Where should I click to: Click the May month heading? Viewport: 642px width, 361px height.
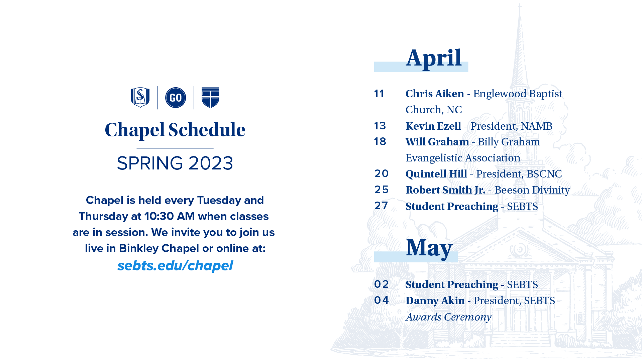[x=429, y=248]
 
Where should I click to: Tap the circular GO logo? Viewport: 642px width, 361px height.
[x=176, y=98]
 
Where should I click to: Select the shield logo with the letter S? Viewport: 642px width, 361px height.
[x=140, y=97]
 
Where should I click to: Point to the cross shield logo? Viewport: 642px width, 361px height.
[x=210, y=98]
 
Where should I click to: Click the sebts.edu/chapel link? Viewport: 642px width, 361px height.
[x=175, y=266]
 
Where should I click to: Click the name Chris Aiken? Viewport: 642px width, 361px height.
[x=435, y=94]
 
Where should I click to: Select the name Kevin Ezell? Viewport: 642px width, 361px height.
[x=433, y=126]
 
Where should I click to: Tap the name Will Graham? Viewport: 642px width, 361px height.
[x=437, y=142]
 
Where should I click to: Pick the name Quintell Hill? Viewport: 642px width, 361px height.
[x=436, y=174]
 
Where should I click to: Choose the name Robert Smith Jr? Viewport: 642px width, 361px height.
[x=445, y=190]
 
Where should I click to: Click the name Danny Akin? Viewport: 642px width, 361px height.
[x=435, y=300]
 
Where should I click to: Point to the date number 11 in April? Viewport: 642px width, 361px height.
[x=379, y=94]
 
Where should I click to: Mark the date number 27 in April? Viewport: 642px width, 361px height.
[x=381, y=206]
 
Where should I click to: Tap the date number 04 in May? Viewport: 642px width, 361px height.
[x=382, y=300]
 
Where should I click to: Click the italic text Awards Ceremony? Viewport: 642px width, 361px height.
[x=448, y=317]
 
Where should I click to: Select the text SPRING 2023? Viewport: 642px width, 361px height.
[x=175, y=163]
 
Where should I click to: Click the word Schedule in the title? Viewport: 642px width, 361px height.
[x=207, y=130]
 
